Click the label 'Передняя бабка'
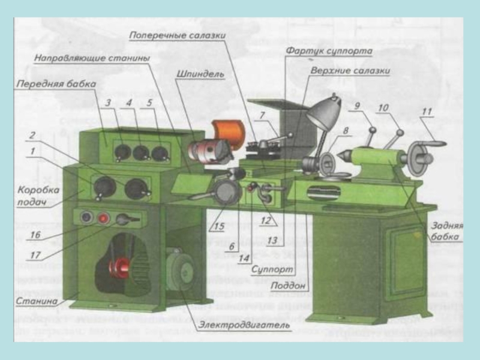(x=56, y=85)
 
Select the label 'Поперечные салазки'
(x=177, y=35)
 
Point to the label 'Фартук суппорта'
(x=329, y=51)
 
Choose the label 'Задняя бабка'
(x=445, y=231)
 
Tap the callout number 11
(x=427, y=111)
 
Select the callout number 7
(x=262, y=115)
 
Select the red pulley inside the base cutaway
(x=123, y=266)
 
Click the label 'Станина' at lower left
(x=38, y=299)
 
